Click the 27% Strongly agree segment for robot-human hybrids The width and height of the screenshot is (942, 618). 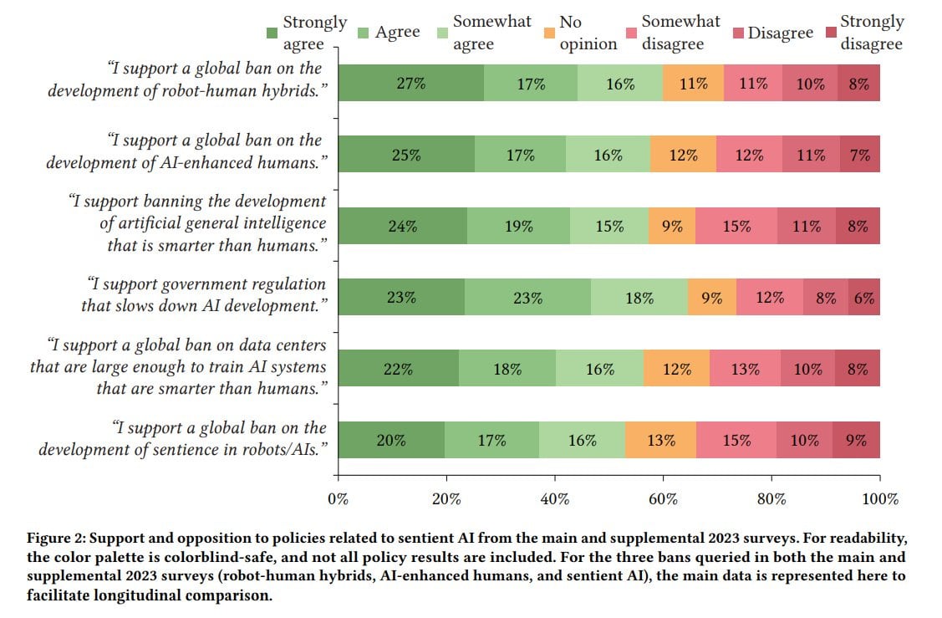(411, 83)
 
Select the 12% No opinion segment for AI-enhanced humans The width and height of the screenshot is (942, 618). (683, 155)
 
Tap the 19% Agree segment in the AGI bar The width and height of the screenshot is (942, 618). (518, 226)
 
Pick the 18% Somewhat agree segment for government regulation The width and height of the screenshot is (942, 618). (639, 297)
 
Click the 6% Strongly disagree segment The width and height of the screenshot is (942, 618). (863, 297)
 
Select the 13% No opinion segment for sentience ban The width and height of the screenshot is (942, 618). (660, 440)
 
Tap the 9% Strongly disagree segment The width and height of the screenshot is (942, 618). (856, 440)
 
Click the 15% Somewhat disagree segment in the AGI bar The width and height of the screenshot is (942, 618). (736, 226)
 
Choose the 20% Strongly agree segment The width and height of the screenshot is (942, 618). (391, 440)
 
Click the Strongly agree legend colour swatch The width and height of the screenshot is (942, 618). (272, 33)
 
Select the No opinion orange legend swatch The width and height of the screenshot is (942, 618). (547, 33)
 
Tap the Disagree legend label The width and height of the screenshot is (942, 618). (780, 33)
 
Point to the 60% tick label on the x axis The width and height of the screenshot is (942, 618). (663, 499)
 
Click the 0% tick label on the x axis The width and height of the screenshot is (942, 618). (338, 499)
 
